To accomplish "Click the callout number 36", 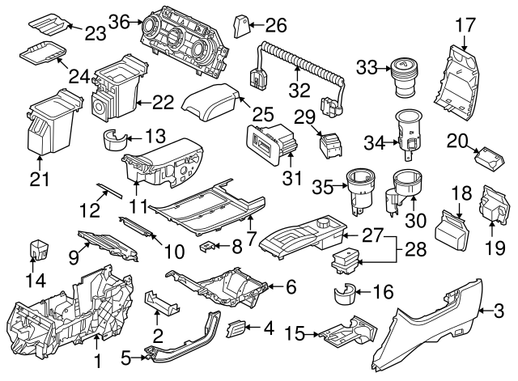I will coord(118,22).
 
